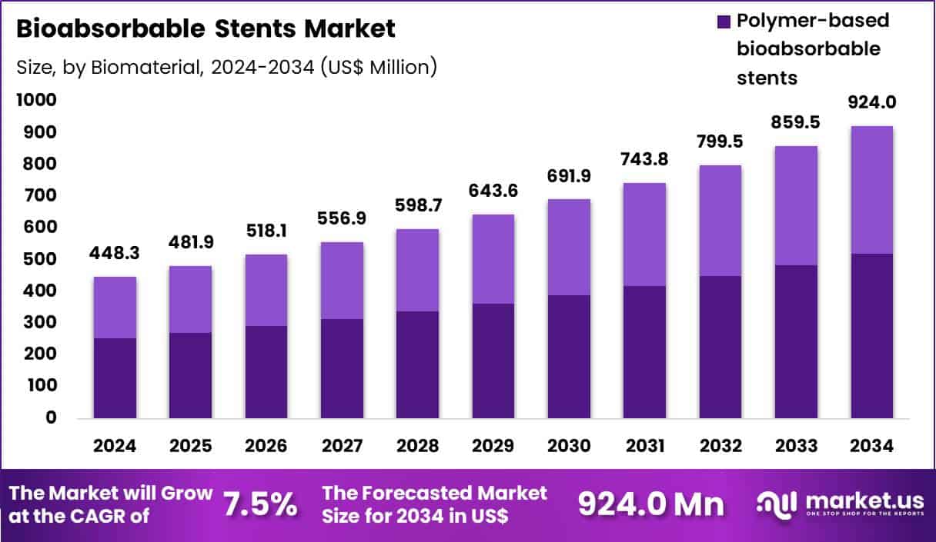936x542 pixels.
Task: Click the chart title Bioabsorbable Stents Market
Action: [x=206, y=29]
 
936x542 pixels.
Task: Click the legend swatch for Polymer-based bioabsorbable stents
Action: [x=723, y=22]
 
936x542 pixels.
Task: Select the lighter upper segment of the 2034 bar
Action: [x=871, y=189]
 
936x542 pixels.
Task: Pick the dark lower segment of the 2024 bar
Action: [x=115, y=377]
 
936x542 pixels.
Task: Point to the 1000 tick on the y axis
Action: [x=35, y=100]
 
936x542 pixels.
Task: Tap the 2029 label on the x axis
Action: [x=493, y=447]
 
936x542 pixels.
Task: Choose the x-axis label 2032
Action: [x=720, y=447]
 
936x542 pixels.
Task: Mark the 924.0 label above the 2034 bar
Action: [x=871, y=102]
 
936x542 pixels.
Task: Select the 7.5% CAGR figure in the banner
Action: [x=260, y=504]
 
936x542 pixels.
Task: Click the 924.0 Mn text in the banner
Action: [x=651, y=504]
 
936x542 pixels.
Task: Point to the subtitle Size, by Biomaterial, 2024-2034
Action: [x=226, y=67]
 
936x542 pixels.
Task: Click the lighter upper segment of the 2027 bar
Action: [x=342, y=280]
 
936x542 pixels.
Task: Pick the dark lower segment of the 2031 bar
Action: [x=644, y=351]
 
